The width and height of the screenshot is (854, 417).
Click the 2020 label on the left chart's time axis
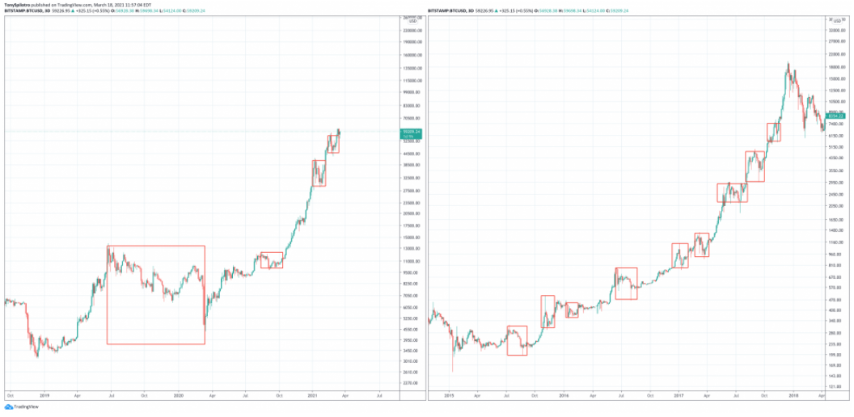click(x=179, y=395)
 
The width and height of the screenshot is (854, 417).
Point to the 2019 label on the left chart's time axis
click(x=44, y=395)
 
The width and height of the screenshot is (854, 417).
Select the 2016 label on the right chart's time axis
click(x=564, y=396)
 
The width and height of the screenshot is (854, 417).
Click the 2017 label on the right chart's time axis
click(x=678, y=396)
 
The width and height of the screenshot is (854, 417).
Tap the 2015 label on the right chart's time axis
click(x=449, y=396)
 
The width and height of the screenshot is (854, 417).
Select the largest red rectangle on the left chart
click(x=156, y=295)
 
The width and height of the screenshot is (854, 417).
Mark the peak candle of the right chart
click(x=788, y=64)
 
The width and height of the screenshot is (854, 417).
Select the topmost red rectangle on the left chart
click(x=333, y=144)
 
